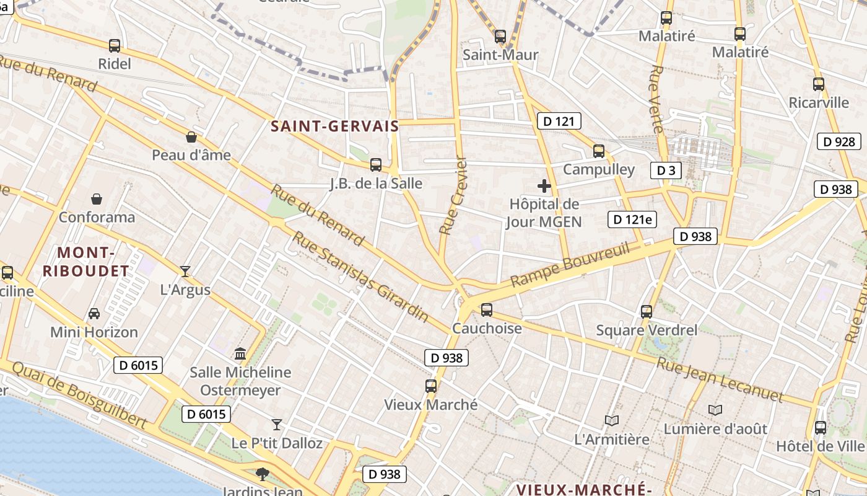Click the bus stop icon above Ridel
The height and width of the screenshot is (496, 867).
click(115, 45)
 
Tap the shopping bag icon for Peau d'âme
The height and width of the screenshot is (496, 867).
click(191, 137)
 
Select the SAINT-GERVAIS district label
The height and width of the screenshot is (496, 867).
click(335, 126)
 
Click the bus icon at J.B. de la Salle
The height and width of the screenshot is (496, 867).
click(376, 164)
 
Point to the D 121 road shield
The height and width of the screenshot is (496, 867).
click(559, 121)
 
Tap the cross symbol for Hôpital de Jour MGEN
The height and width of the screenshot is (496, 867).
click(544, 186)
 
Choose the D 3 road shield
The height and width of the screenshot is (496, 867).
click(666, 170)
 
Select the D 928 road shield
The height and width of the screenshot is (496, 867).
click(839, 141)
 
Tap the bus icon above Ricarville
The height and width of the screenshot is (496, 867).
click(819, 84)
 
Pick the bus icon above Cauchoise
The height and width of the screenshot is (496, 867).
click(487, 309)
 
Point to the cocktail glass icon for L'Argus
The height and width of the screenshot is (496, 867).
click(185, 271)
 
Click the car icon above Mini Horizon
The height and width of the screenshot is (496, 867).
click(94, 313)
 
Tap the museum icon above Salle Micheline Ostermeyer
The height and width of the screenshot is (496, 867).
click(240, 353)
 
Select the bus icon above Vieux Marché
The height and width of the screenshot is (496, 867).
click(431, 386)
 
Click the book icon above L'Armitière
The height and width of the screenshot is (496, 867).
click(612, 420)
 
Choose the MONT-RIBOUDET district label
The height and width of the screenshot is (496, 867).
click(94, 262)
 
